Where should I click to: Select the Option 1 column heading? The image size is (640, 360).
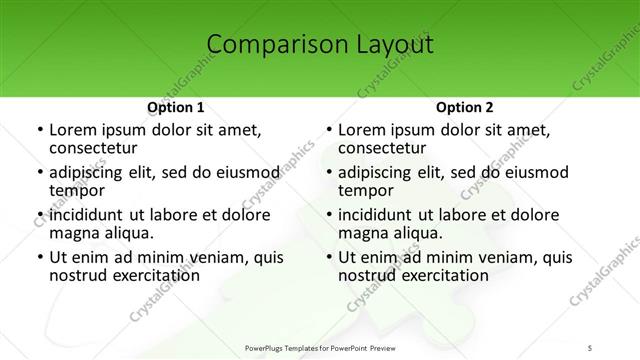coord(176,107)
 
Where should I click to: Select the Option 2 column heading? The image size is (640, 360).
coord(465,107)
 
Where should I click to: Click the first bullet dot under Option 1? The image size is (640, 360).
coord(39,131)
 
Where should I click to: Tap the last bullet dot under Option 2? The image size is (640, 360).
coord(328,258)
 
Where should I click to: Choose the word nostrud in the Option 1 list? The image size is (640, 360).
coord(77,275)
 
